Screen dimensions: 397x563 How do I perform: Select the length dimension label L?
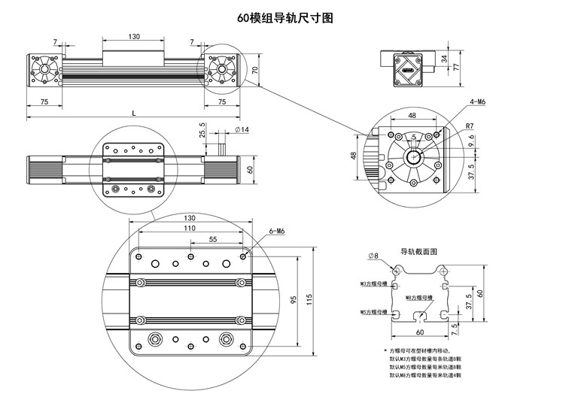(x=134, y=112)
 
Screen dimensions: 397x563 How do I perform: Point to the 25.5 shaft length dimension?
(x=202, y=129)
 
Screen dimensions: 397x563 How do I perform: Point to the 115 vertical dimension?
(x=308, y=299)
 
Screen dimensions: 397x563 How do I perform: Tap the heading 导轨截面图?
(x=418, y=251)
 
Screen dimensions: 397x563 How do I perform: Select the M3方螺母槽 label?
(x=373, y=285)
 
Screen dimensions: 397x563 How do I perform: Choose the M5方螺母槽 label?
(x=373, y=311)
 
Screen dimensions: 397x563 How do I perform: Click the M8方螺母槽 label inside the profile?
(x=420, y=298)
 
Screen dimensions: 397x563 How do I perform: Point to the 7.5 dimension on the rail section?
(x=455, y=329)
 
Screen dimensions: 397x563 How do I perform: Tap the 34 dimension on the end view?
(x=444, y=58)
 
